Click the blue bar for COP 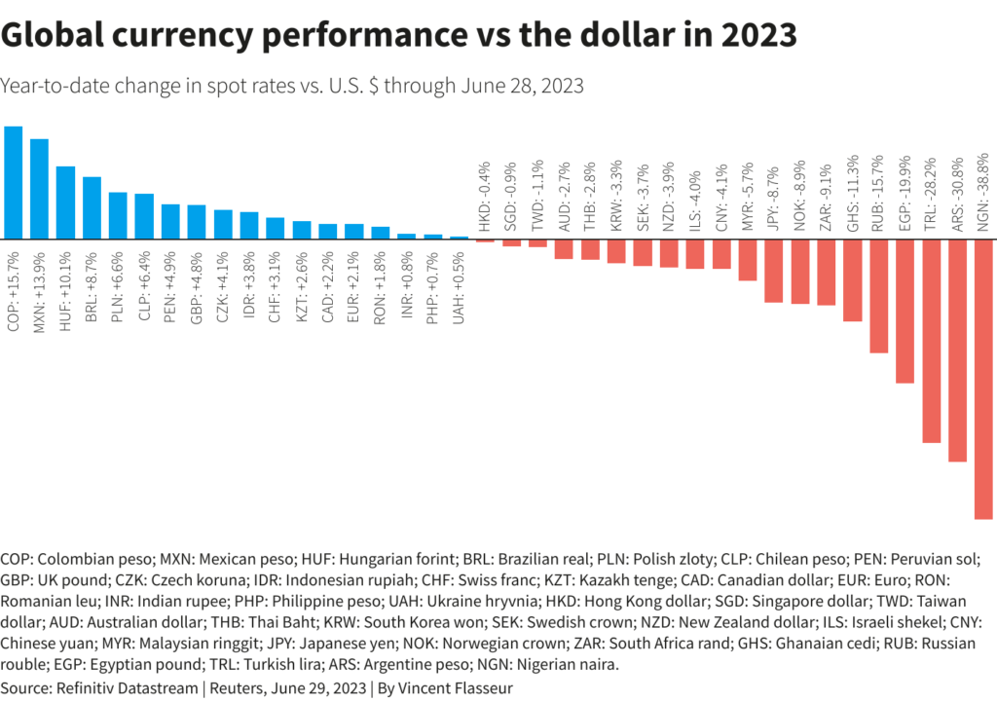click(x=14, y=183)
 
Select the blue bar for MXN click(x=40, y=189)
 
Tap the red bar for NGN click(x=983, y=379)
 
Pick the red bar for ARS click(x=957, y=351)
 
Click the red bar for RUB click(x=878, y=296)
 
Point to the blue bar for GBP click(x=196, y=222)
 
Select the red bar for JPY click(x=774, y=271)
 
